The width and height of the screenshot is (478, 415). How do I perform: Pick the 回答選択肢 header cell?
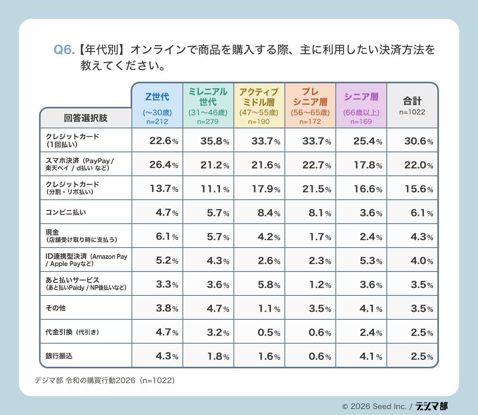point(86,118)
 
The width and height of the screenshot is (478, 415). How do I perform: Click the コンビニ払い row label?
point(66,212)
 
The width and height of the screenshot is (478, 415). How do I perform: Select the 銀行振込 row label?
point(59,356)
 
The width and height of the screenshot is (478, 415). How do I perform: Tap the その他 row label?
point(56,308)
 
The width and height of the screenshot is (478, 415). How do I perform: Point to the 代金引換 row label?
point(72,332)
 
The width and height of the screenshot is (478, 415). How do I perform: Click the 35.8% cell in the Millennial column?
point(215,141)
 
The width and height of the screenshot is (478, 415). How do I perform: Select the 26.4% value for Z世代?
point(164,165)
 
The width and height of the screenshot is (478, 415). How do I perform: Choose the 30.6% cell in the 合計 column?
point(419,141)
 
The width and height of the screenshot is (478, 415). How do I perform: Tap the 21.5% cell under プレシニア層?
point(317,189)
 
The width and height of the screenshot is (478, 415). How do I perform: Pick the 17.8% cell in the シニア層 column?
point(368,165)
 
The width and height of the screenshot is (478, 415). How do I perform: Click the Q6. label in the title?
point(64,50)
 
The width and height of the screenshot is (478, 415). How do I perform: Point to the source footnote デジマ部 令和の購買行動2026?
point(105,380)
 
